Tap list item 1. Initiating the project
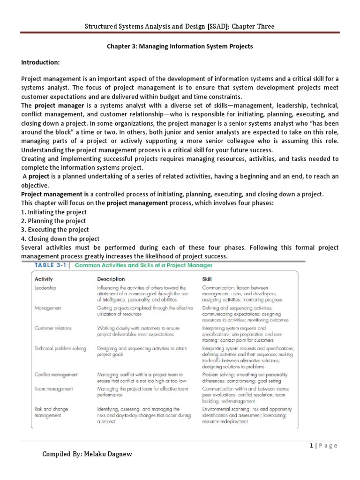(x=54, y=212)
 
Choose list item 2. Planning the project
(x=53, y=221)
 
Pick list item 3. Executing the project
(x=55, y=230)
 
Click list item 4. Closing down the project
(x=60, y=239)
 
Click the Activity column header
(x=44, y=279)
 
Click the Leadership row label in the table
(x=46, y=288)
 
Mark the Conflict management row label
(x=56, y=375)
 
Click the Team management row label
(x=54, y=389)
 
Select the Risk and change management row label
(x=52, y=412)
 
